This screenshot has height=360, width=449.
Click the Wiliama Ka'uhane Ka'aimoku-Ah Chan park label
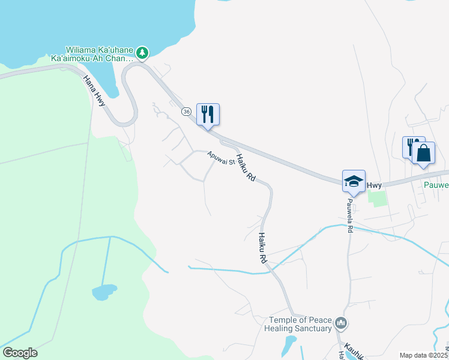(99, 54)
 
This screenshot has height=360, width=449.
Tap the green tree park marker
(142, 53)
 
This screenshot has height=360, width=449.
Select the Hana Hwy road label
(94, 91)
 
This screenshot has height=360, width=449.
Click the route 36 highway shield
(187, 112)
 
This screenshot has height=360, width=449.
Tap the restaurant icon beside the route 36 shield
(208, 114)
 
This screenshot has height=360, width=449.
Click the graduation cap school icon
(354, 181)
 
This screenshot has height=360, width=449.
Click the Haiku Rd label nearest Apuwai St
(246, 168)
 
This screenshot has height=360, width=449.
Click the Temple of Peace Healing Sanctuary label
(298, 324)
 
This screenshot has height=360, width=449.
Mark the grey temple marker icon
(341, 324)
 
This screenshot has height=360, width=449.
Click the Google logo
(20, 353)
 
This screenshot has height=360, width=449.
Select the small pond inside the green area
(103, 293)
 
